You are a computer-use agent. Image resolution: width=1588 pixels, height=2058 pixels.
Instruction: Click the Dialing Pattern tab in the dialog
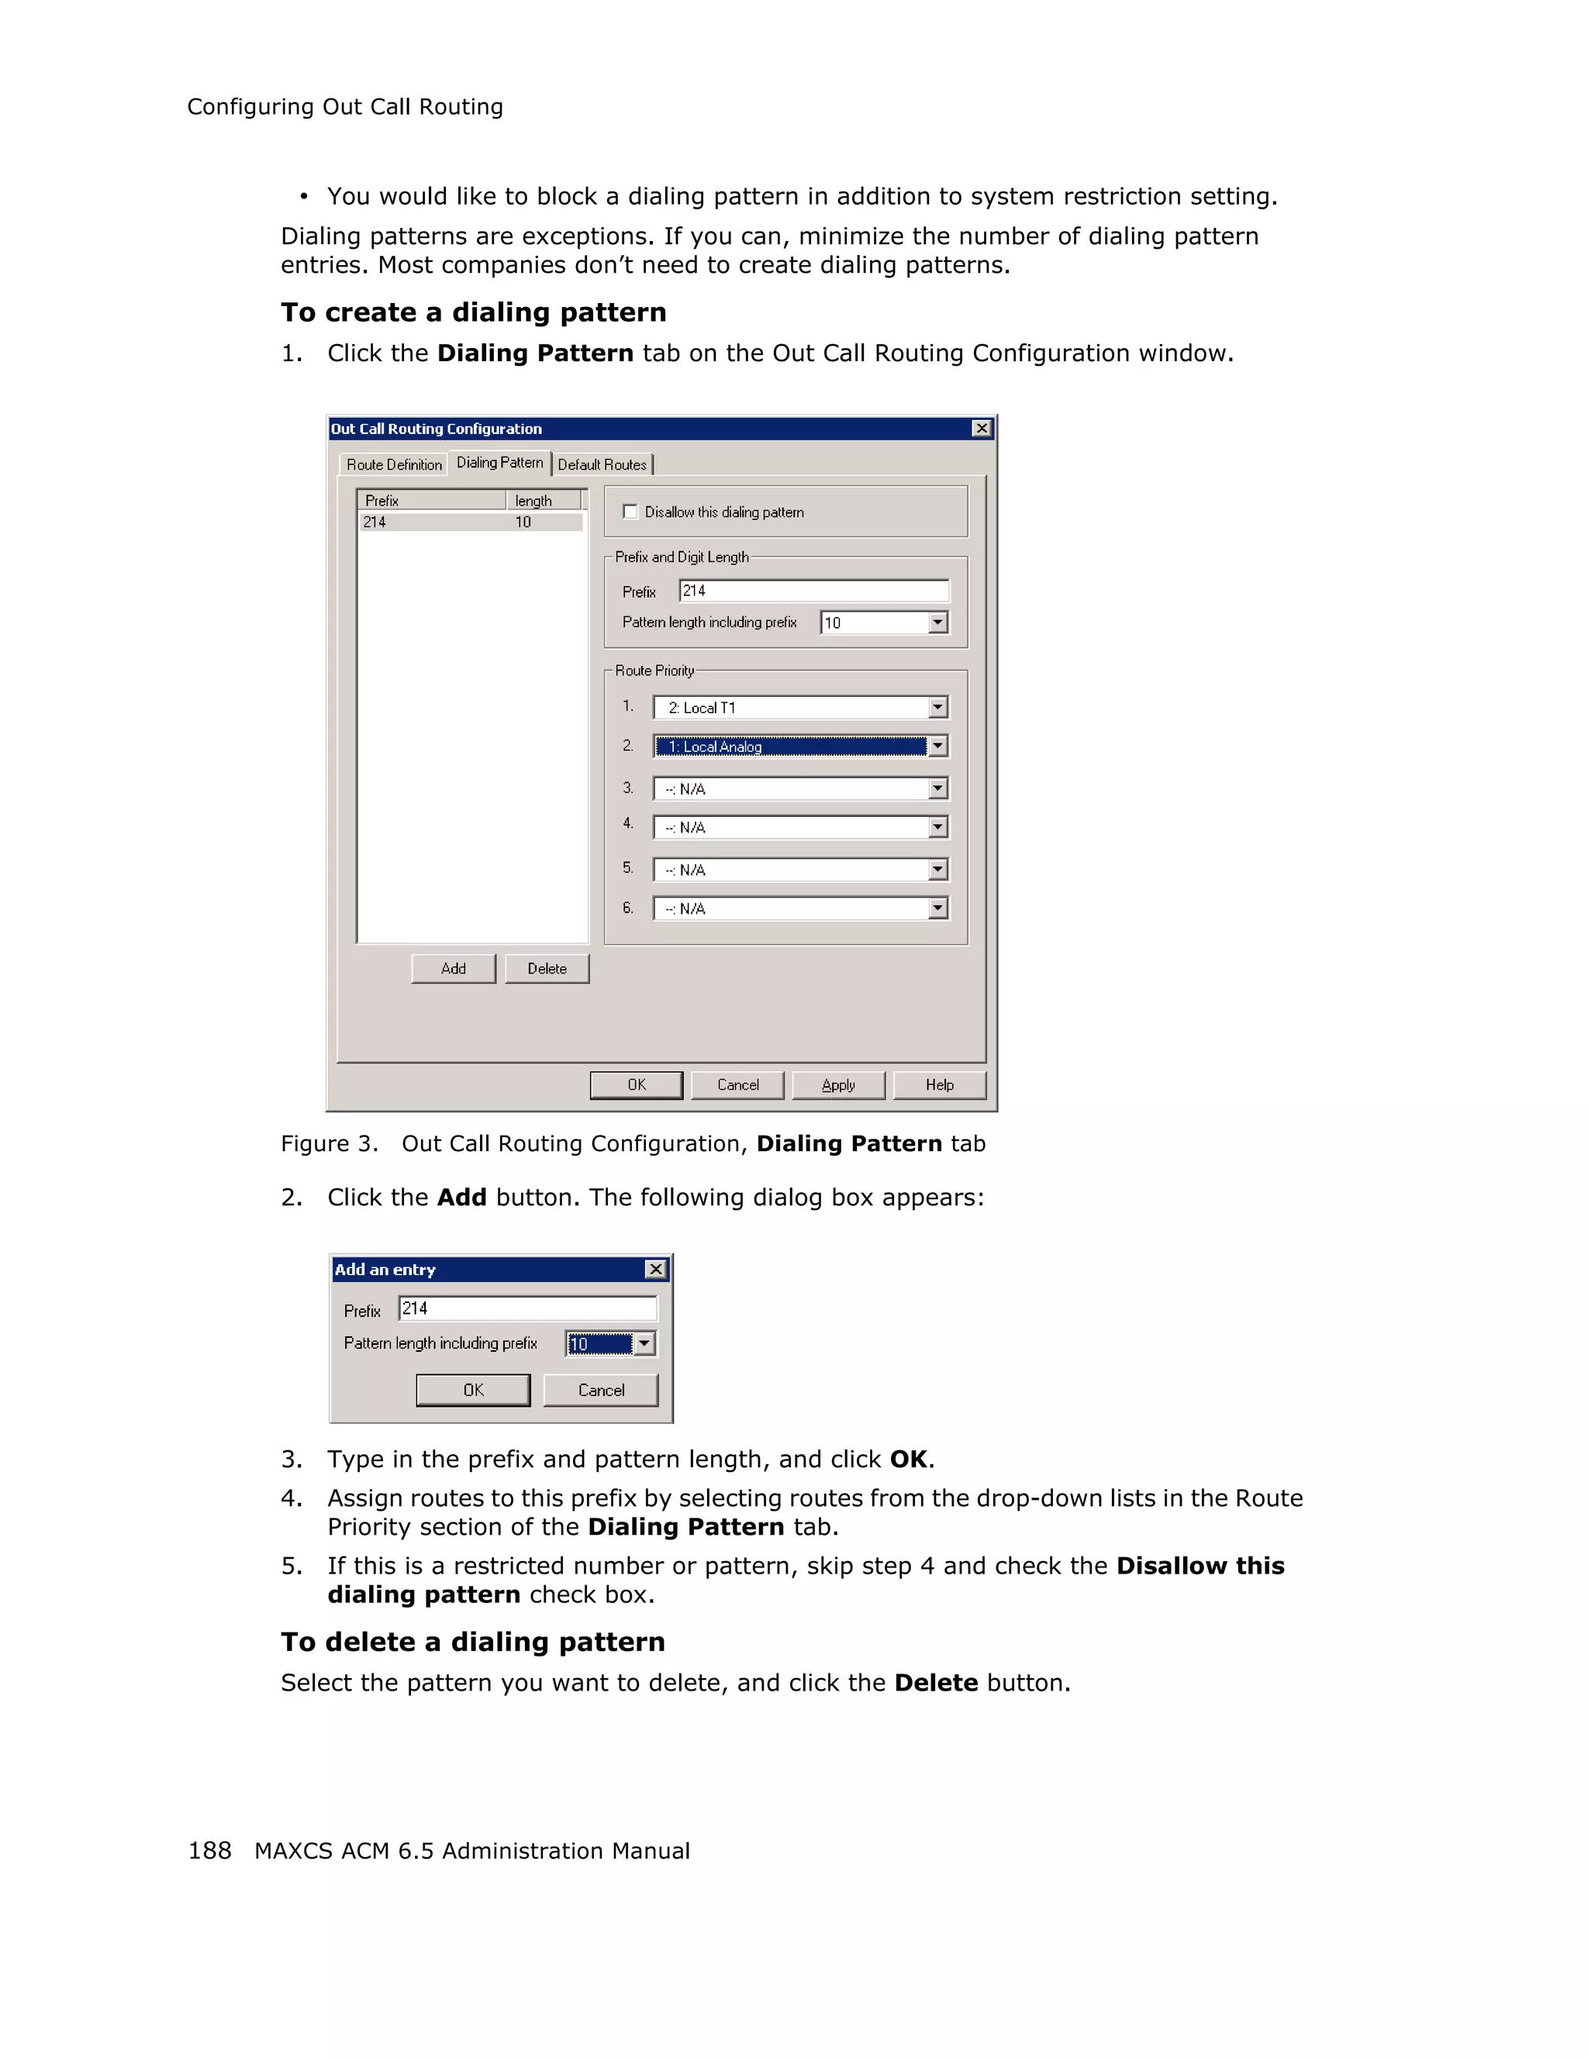(499, 463)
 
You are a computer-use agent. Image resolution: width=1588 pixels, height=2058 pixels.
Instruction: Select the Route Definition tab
(394, 464)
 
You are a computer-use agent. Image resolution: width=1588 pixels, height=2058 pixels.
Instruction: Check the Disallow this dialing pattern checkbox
(630, 512)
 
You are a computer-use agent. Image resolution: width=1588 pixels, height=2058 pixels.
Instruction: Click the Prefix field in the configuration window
(813, 591)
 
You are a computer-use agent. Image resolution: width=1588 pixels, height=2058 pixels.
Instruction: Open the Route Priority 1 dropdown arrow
(937, 708)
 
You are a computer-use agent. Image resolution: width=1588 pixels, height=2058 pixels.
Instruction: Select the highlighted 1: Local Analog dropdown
(791, 746)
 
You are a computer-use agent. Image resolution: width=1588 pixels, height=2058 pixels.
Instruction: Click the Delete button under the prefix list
(547, 969)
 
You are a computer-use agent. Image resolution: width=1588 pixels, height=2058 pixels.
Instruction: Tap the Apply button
(838, 1084)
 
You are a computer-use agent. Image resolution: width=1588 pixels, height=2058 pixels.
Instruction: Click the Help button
(939, 1084)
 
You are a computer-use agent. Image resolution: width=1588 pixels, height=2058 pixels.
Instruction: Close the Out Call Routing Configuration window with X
(981, 429)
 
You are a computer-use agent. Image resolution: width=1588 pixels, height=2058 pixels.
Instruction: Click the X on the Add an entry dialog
(656, 1269)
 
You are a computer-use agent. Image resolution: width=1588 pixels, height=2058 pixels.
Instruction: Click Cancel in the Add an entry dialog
(600, 1390)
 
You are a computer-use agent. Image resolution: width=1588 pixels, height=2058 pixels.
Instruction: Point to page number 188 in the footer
(209, 1851)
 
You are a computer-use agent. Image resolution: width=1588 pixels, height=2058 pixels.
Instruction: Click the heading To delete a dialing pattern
(473, 1642)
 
